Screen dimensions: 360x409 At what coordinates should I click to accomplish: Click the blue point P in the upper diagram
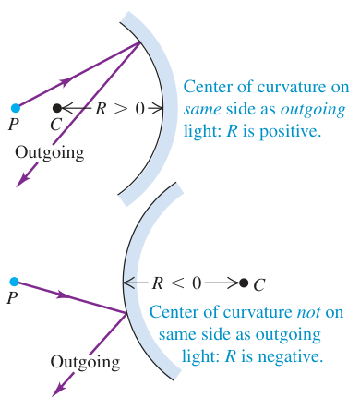16,108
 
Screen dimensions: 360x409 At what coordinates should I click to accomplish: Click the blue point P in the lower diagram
14,282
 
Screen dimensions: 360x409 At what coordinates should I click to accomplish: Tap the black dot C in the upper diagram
57,108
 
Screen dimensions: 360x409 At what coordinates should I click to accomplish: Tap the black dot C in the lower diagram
244,283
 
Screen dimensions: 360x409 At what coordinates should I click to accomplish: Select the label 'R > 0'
120,108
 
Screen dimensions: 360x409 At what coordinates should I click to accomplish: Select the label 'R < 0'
176,283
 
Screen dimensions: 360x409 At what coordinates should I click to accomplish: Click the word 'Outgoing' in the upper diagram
50,153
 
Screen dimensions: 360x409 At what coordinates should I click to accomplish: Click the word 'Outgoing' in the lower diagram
85,362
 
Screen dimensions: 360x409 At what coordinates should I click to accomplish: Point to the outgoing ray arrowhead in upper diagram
22,180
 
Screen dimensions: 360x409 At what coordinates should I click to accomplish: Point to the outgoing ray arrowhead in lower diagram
58,389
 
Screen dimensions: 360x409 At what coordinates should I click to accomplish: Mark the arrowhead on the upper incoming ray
66,82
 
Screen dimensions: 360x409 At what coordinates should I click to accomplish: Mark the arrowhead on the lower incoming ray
64,295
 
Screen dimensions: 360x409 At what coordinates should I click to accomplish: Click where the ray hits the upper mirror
140,42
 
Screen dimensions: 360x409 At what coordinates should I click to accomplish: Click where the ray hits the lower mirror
126,313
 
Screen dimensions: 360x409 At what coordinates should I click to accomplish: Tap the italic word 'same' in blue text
202,110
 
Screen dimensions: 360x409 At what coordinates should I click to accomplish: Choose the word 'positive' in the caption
290,132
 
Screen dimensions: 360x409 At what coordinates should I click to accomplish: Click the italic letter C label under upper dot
56,125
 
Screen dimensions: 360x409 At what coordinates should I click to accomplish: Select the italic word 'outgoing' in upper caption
313,110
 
